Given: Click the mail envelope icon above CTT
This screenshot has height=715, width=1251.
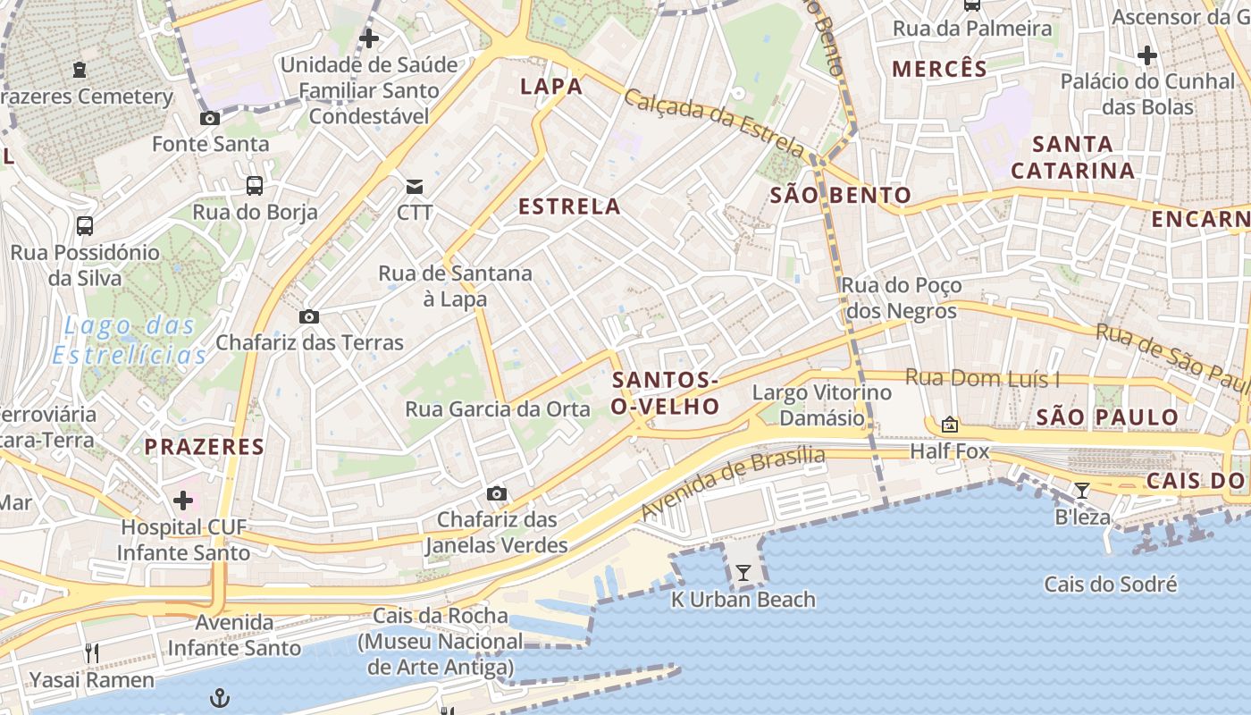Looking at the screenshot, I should click(x=415, y=186).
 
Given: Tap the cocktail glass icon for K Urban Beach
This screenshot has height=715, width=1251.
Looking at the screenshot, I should click(x=743, y=573).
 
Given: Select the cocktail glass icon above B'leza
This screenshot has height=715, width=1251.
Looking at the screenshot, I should click(x=1082, y=490).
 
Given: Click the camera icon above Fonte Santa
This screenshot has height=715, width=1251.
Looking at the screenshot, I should click(x=210, y=118).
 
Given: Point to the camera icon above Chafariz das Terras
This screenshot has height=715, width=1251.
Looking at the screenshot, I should click(x=309, y=316).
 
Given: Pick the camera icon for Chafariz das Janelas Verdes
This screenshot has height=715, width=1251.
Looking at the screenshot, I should click(x=497, y=493).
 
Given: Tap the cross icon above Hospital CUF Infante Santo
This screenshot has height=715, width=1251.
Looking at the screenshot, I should click(x=183, y=500).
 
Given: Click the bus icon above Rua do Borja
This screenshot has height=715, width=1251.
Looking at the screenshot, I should click(x=255, y=186).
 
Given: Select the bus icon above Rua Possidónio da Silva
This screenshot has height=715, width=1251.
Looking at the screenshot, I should click(x=85, y=225).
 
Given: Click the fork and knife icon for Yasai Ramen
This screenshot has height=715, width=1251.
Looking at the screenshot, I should click(x=91, y=653).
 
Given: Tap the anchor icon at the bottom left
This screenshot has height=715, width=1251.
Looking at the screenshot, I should click(x=220, y=698).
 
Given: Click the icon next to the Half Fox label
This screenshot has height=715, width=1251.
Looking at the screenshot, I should click(x=949, y=425).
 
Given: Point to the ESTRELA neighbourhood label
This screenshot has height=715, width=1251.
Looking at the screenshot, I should click(x=569, y=206).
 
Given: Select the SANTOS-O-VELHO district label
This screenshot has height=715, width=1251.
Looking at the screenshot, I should click(x=666, y=393).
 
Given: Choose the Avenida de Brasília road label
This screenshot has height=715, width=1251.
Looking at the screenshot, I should click(x=733, y=483).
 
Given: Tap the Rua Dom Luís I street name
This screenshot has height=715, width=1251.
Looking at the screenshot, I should click(x=982, y=378).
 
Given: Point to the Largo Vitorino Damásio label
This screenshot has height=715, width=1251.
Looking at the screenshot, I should click(x=821, y=405).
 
